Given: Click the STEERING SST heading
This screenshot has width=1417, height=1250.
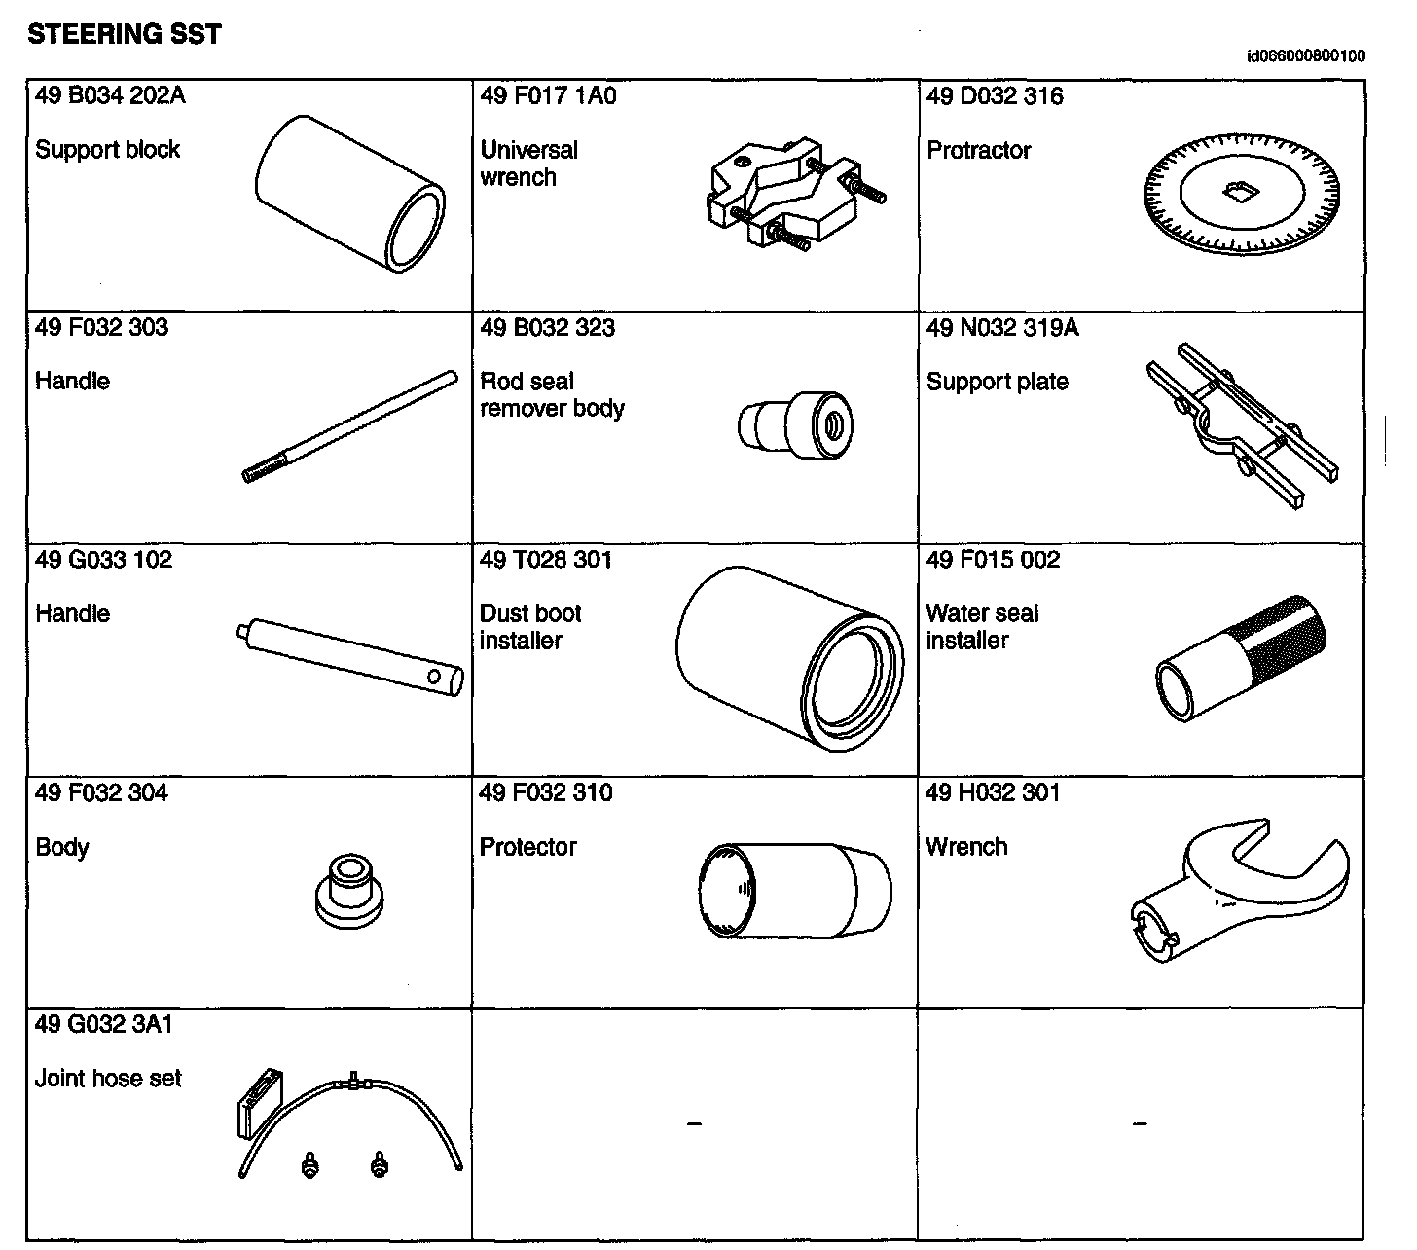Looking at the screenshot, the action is tap(125, 35).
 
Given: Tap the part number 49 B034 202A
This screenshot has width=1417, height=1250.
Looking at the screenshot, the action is tap(110, 95).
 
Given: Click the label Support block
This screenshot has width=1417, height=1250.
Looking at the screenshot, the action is tap(107, 150).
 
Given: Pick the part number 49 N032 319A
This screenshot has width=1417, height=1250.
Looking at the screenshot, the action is tap(1002, 328).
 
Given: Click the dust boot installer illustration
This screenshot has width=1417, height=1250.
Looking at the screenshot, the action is tap(784, 658).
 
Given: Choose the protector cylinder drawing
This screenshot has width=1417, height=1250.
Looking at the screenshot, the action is tap(794, 890).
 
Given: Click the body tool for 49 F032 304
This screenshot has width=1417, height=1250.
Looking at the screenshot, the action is tap(348, 890).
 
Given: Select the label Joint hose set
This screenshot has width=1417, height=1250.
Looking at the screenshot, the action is tap(108, 1079).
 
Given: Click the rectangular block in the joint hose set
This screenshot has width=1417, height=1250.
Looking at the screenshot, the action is tap(259, 1103).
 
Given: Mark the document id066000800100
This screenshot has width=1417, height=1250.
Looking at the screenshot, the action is tap(1305, 56).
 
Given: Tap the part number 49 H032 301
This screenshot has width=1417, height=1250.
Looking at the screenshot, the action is tap(993, 793).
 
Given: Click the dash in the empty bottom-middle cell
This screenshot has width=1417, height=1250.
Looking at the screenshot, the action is tap(694, 1124).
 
